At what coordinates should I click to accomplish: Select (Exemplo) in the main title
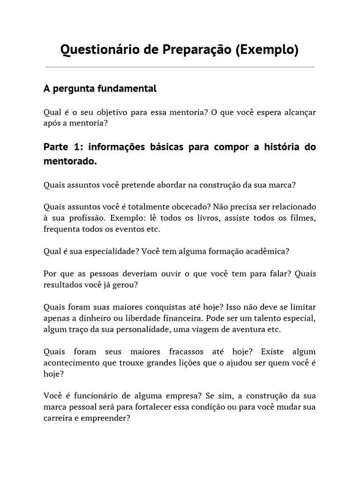(268, 50)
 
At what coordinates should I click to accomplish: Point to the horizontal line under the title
(180, 67)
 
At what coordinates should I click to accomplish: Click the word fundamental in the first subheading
(128, 89)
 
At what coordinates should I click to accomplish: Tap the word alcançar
(299, 112)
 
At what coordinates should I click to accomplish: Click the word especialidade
(97, 251)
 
